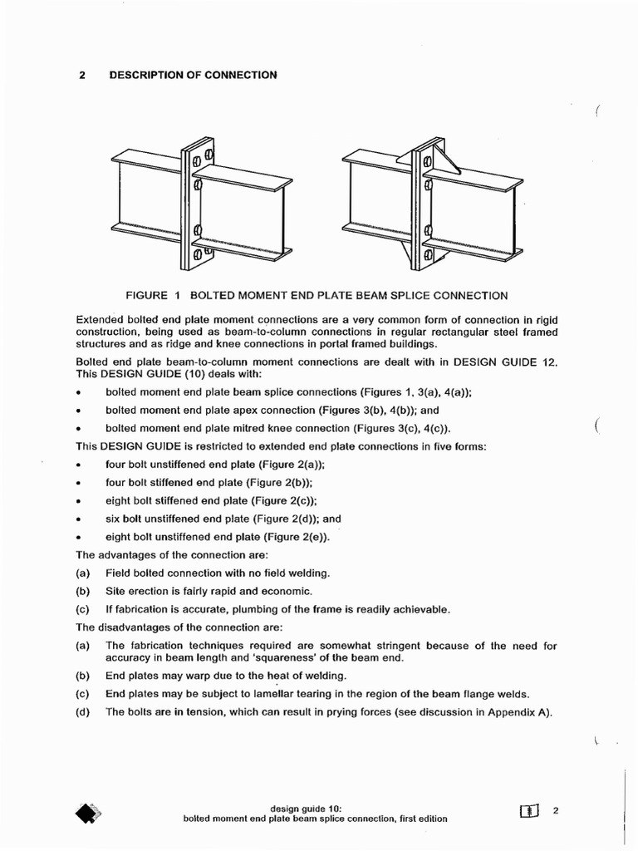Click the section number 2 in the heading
tap(82, 75)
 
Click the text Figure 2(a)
tap(293, 465)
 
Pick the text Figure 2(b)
tap(282, 482)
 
